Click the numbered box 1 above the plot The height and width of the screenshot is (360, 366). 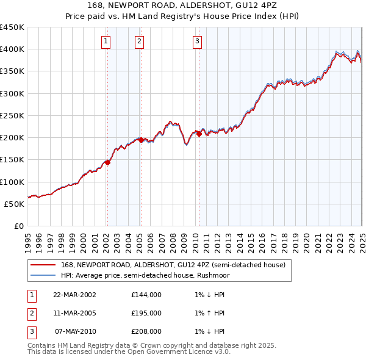click(106, 41)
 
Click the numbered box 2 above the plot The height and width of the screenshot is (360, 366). click(140, 41)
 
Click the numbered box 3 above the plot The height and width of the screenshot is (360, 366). click(198, 41)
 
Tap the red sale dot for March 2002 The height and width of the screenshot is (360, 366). click(107, 162)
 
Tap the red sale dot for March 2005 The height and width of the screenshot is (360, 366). click(141, 140)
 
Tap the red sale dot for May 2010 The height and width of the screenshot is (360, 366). click(198, 134)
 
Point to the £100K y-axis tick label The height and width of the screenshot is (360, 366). click(12, 182)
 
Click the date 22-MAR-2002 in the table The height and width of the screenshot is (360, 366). click(74, 295)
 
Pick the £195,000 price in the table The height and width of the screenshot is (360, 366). click(146, 313)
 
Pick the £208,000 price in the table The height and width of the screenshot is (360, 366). click(146, 331)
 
